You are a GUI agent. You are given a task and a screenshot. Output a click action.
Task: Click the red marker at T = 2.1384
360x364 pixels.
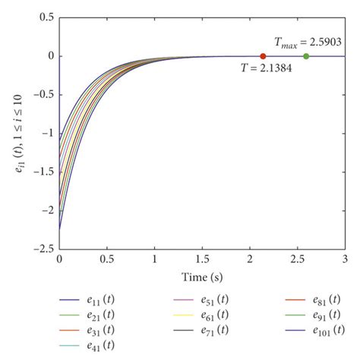(x=263, y=56)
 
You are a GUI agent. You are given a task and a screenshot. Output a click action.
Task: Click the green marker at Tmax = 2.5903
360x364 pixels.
(x=306, y=56)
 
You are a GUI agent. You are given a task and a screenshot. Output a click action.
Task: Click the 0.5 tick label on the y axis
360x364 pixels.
(x=46, y=17)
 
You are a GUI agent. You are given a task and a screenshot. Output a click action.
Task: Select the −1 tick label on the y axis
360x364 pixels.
(x=47, y=133)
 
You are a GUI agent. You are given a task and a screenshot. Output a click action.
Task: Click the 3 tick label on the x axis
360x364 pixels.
(x=345, y=260)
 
